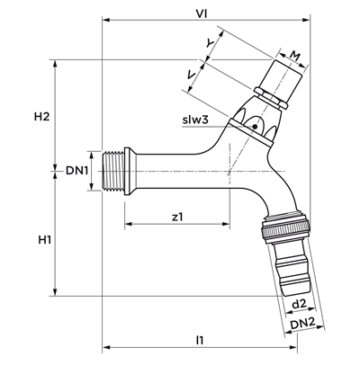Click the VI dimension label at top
pos(202,13)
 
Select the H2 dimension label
pos(41,116)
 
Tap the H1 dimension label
pos(45,240)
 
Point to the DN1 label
pos(76,171)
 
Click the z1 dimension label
pos(177,217)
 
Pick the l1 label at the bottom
pos(200,340)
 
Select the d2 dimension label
pos(299,304)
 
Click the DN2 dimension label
pos(302,323)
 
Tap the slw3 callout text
pos(195,120)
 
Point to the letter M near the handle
pos(295,56)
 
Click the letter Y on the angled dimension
pos(210,43)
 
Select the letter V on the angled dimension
pos(192,75)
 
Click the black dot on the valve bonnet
pos(255,127)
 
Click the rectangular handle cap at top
pos(281,78)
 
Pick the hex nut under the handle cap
pos(270,97)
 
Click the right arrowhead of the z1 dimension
pos(226,224)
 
